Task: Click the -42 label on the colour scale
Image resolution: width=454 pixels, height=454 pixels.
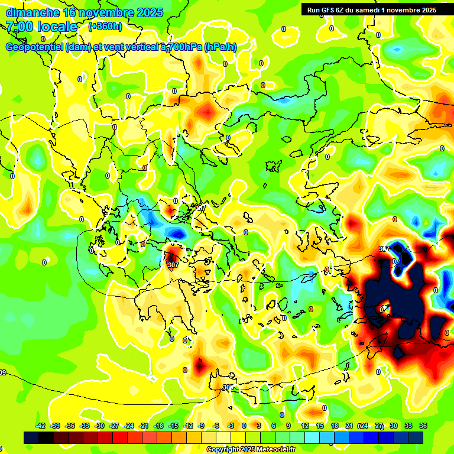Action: tap(41, 426)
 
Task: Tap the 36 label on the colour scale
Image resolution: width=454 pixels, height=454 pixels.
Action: tap(423, 426)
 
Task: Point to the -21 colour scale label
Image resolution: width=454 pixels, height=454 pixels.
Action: tap(144, 426)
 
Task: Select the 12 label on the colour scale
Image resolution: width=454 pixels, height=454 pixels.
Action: tap(305, 426)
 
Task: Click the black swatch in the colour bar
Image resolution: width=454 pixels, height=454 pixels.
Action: tap(31, 437)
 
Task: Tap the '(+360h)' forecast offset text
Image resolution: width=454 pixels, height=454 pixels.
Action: tap(105, 27)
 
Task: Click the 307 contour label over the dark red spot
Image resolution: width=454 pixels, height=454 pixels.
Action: tap(173, 265)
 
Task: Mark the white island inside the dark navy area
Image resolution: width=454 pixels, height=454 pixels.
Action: tap(384, 308)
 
